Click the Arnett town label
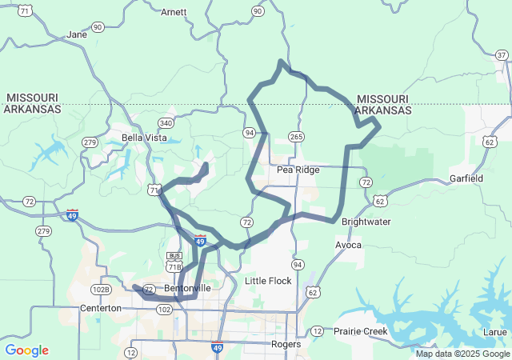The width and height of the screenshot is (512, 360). pyautogui.click(x=174, y=13)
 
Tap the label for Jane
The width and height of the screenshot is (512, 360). pyautogui.click(x=77, y=35)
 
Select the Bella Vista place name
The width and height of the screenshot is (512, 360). pyautogui.click(x=144, y=138)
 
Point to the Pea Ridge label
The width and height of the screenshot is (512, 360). pyautogui.click(x=298, y=170)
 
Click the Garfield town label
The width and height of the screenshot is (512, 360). pyautogui.click(x=466, y=178)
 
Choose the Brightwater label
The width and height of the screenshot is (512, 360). pyautogui.click(x=366, y=222)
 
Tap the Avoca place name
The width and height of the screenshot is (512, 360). pyautogui.click(x=349, y=245)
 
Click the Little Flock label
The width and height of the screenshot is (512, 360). pyautogui.click(x=268, y=281)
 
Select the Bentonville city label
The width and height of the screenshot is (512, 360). pyautogui.click(x=187, y=288)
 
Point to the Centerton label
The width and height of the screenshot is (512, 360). pyautogui.click(x=100, y=308)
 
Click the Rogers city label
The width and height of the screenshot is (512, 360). pyautogui.click(x=286, y=345)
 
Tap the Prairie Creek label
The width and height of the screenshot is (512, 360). pyautogui.click(x=360, y=331)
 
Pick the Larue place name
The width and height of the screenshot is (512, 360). pyautogui.click(x=496, y=331)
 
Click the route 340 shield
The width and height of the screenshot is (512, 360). pyautogui.click(x=166, y=123)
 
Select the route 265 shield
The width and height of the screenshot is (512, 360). pyautogui.click(x=297, y=137)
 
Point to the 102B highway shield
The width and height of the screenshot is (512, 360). pyautogui.click(x=101, y=290)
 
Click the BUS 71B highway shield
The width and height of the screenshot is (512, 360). pyautogui.click(x=174, y=261)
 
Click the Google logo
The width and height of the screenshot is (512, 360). pyautogui.click(x=26, y=350)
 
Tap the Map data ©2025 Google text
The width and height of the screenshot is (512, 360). pyautogui.click(x=462, y=354)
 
